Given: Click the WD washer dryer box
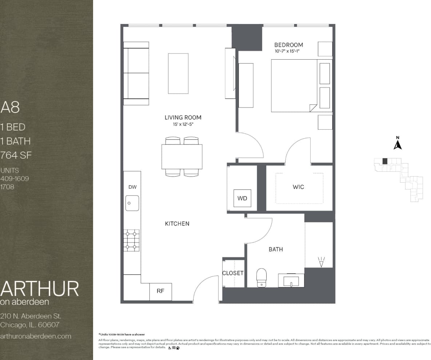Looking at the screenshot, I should click(242, 198).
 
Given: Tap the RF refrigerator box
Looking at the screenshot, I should click(160, 291).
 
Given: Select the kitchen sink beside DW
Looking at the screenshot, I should click(132, 203).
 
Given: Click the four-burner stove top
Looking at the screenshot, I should click(132, 240).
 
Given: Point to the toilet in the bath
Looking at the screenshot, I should click(262, 277).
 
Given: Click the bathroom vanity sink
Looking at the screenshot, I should click(291, 281).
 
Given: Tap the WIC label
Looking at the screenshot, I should click(298, 187).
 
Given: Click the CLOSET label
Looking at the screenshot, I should click(233, 273).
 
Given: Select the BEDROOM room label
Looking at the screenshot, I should click(288, 45).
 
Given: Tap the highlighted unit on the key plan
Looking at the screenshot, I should click(385, 161).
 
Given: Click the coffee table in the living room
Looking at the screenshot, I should click(178, 74).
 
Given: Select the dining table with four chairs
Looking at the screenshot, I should click(182, 157).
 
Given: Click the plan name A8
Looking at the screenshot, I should click(10, 107).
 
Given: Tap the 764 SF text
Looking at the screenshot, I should click(16, 155).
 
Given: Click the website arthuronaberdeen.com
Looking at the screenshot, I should click(36, 336).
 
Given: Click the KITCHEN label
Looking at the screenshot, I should click(177, 223).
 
